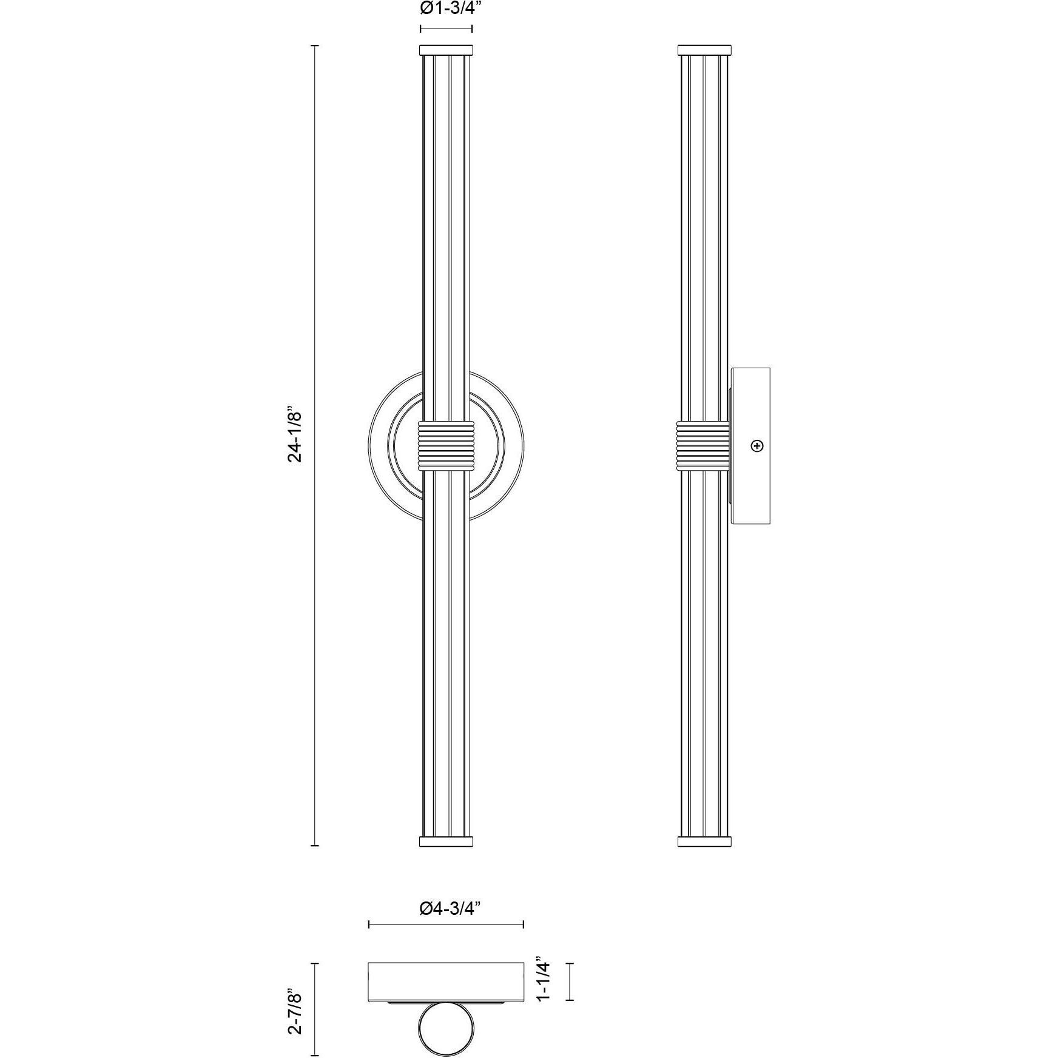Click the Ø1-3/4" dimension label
[x=446, y=8]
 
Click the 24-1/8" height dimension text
[x=295, y=434]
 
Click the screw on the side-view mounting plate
[x=756, y=446]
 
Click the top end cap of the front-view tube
[x=446, y=49]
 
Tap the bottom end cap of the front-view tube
[x=446, y=841]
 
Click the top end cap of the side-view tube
[x=704, y=49]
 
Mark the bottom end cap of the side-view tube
[x=704, y=841]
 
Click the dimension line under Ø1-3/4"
[x=446, y=28]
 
